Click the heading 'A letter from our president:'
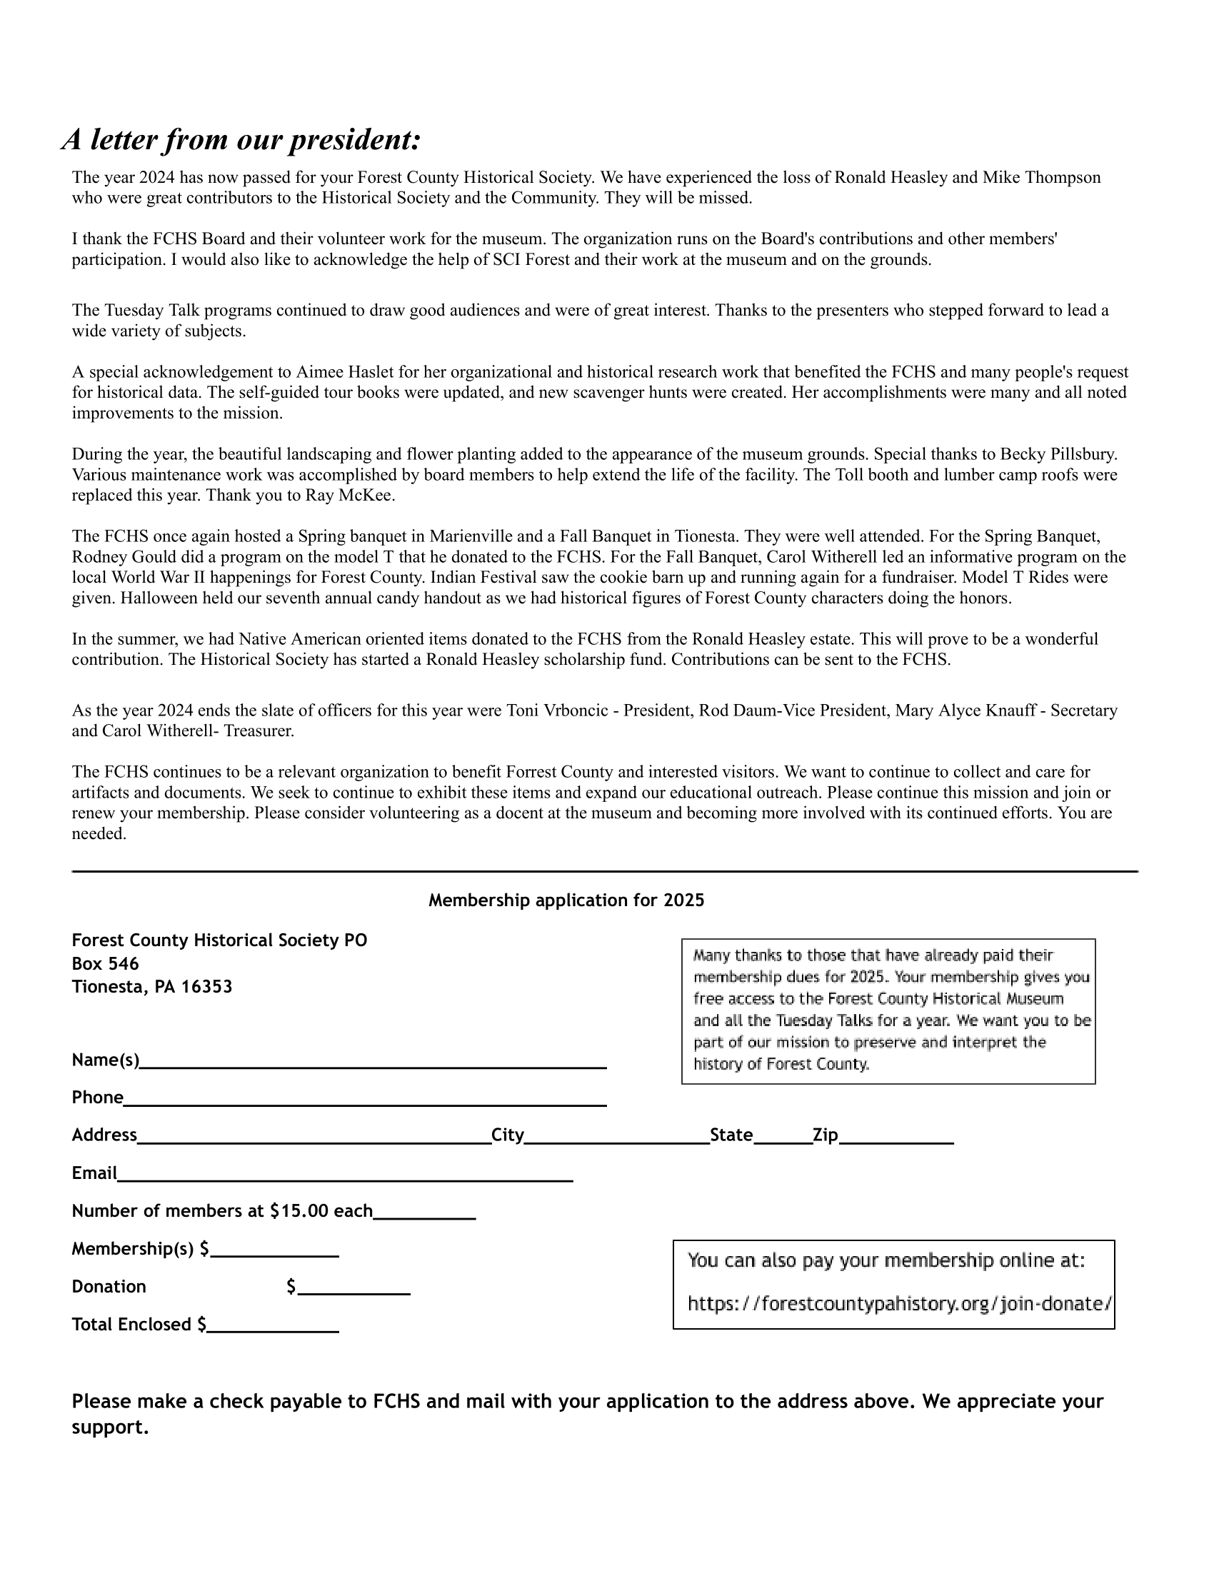(241, 139)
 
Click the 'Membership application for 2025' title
(566, 900)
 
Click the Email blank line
(344, 1176)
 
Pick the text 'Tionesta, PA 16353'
(151, 986)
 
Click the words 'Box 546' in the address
(105, 963)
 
